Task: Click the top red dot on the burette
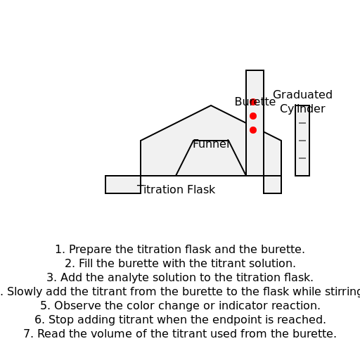click(253, 102)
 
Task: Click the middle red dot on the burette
click(253, 116)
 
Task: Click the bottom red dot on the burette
click(253, 130)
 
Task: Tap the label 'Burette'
click(255, 102)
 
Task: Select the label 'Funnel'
click(211, 144)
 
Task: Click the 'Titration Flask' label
click(176, 190)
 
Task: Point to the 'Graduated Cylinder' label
click(302, 102)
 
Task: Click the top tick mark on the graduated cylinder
click(302, 123)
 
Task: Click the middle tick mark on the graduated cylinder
click(302, 141)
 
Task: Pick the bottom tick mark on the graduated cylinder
click(302, 158)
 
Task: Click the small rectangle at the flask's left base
click(122, 184)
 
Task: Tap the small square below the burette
click(272, 184)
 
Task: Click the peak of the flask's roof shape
click(211, 106)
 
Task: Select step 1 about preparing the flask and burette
click(180, 250)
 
